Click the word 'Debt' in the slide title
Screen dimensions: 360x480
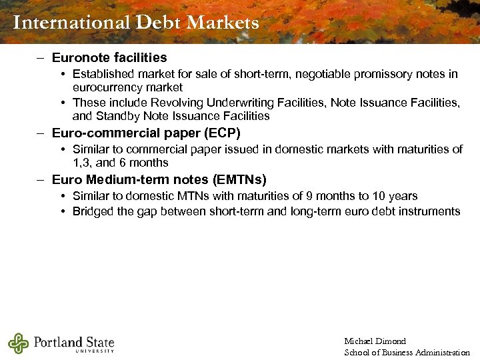coord(158,23)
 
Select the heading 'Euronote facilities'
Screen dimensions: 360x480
coord(109,58)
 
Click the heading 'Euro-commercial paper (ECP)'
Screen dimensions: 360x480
coord(146,133)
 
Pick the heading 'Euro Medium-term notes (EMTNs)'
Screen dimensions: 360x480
coord(159,179)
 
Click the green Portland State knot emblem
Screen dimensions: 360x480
coord(19,343)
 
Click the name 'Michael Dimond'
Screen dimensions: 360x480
coord(375,341)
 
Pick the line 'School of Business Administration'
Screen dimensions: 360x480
coord(407,352)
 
